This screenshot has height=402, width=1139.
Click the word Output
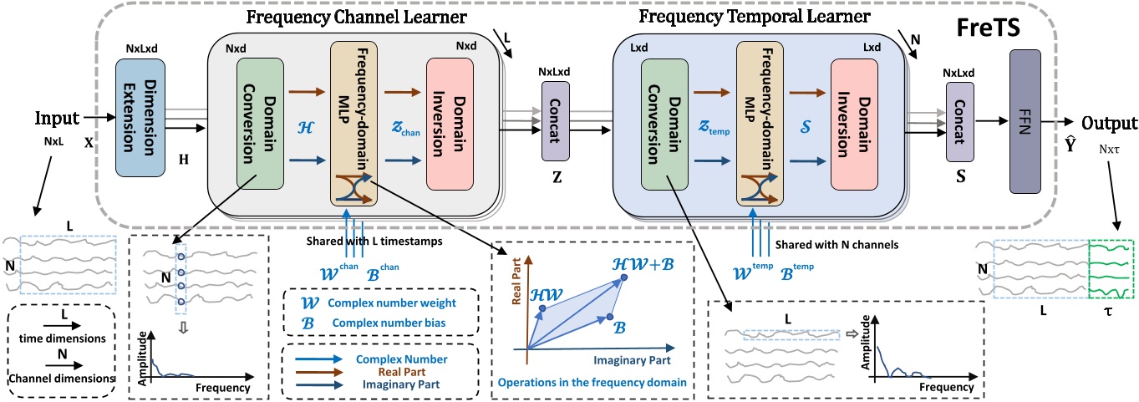[1108, 124]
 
